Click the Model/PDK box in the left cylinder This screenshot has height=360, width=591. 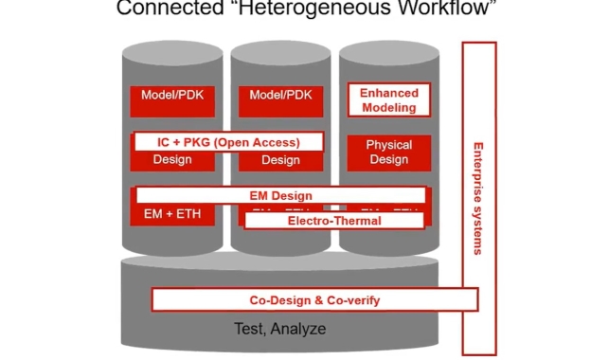tap(172, 97)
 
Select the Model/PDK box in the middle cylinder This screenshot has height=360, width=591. tap(280, 97)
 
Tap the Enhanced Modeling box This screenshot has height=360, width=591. tap(388, 99)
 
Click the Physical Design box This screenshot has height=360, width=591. tap(388, 153)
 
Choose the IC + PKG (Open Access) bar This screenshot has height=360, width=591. tap(228, 142)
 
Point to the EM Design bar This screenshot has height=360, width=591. tap(280, 195)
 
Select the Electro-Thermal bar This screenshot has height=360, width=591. tap(333, 221)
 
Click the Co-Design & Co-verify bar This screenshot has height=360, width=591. tap(314, 300)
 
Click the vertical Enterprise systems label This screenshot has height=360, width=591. tap(477, 198)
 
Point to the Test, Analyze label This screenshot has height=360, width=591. tap(279, 330)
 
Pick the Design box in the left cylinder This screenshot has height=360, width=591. tap(172, 160)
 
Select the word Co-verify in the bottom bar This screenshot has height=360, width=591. tap(350, 300)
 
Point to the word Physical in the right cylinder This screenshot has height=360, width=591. tap(388, 145)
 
